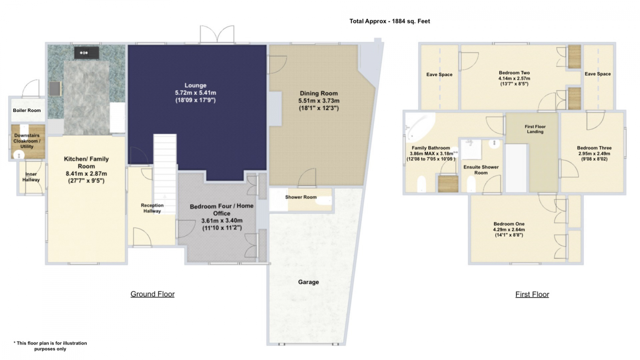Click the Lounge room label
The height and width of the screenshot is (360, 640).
coord(196,85)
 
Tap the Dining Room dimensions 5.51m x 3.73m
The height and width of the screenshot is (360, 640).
coord(319,100)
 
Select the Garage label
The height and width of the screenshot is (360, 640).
coord(308,282)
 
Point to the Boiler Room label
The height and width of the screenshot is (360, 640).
coord(27,110)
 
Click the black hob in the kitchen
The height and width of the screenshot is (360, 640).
coord(86,53)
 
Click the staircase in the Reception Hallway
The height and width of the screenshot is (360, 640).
coord(165,174)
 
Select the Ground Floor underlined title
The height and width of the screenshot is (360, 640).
coord(152,294)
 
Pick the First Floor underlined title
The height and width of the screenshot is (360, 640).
coord(532,294)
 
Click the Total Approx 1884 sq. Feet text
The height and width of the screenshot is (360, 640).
coord(390,21)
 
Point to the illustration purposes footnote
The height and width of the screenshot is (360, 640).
coord(50,346)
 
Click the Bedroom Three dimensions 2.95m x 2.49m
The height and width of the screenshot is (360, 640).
coord(594,154)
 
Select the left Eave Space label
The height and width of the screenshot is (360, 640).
coord(440,74)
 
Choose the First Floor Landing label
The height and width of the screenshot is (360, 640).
coord(535,129)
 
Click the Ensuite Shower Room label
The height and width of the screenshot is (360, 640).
coord(481,170)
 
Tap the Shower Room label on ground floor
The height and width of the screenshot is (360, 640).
coord(301,197)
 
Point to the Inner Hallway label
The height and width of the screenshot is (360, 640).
coord(31,177)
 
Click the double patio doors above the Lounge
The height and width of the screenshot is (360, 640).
coord(217,34)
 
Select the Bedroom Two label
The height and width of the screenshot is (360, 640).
coord(514,73)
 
